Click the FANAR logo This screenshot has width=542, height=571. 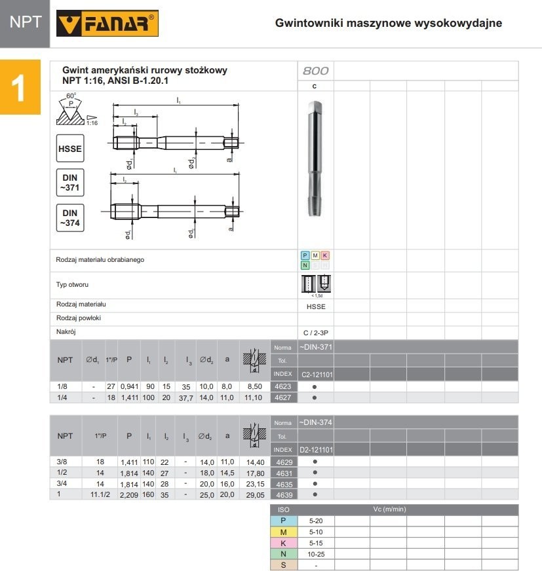point(108,24)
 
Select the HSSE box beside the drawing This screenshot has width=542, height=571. point(70,149)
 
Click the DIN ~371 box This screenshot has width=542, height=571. point(70,181)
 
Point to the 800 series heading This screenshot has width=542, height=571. point(315,71)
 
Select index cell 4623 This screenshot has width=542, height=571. point(284,386)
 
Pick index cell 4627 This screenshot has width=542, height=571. point(284,397)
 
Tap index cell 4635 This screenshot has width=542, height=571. point(284,484)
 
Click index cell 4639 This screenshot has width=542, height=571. point(284,494)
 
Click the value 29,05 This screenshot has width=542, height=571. point(251,494)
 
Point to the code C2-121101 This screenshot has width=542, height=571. point(316,375)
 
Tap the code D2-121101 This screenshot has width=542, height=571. point(316,450)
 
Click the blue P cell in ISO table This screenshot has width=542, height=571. point(284,521)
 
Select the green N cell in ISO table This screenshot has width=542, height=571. point(284,553)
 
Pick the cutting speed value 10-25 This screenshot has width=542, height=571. point(316,553)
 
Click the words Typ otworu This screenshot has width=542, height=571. point(73,285)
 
